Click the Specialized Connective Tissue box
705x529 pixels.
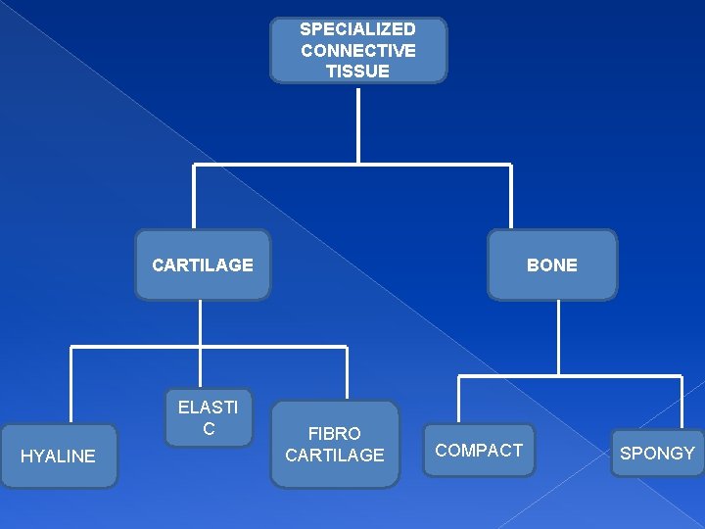coord(358,50)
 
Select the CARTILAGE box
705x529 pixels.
coord(203,264)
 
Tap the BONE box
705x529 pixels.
coord(552,264)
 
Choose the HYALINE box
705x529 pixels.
coord(59,456)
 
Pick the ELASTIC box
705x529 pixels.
coord(209,418)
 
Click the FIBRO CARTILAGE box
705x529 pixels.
coord(335,444)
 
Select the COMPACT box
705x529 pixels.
coord(479,450)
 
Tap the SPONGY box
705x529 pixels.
coord(657,453)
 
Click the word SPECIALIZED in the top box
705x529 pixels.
coord(357,29)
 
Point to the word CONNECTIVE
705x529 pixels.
coord(358,50)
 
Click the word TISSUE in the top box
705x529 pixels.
coord(358,71)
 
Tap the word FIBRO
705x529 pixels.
coord(335,433)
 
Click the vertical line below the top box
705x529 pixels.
coord(358,122)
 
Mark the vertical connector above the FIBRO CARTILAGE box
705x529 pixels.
coord(347,373)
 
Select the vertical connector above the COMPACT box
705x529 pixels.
coord(459,400)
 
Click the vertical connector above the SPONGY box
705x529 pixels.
coord(681,402)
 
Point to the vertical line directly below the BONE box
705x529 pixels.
coord(558,336)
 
